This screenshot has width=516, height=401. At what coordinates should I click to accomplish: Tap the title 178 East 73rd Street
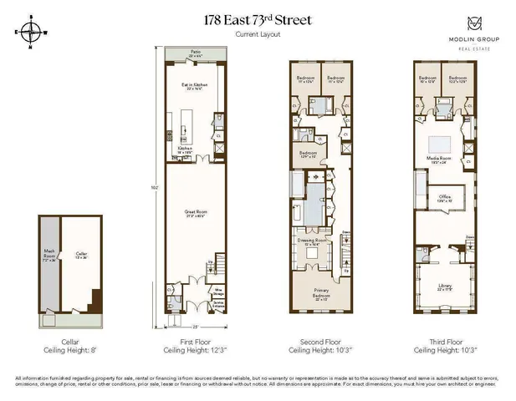click(x=258, y=20)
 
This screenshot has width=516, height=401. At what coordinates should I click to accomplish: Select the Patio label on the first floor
click(x=195, y=53)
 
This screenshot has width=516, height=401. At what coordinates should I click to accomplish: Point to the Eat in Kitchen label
click(x=195, y=85)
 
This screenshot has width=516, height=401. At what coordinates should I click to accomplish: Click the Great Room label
click(x=195, y=213)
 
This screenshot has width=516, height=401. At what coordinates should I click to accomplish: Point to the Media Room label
click(x=440, y=159)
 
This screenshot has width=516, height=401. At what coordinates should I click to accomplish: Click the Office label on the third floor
click(x=445, y=198)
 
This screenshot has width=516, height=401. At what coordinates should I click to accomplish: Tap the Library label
click(x=445, y=287)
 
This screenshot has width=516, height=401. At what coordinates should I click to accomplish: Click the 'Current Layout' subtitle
click(x=258, y=35)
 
